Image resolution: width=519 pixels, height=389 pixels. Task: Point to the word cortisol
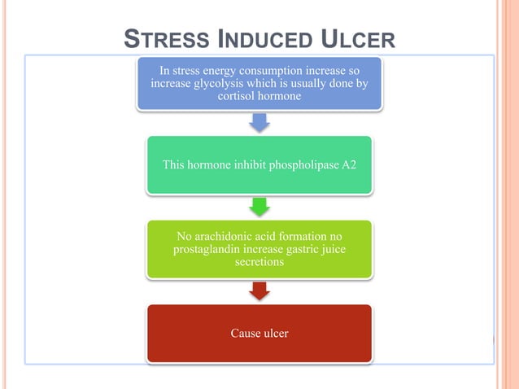point(240,96)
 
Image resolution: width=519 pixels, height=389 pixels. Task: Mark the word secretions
point(259,263)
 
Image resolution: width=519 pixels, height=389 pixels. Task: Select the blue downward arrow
point(259,122)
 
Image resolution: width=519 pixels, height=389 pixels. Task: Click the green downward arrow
point(259,206)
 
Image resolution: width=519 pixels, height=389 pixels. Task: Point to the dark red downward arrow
point(259,291)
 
